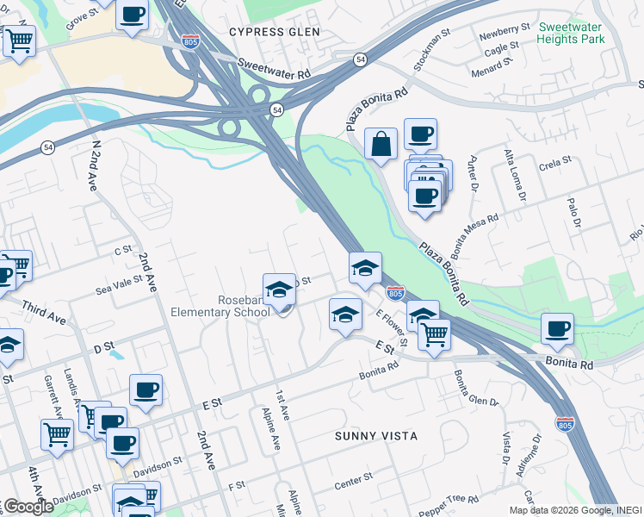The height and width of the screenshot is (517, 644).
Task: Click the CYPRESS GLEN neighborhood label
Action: [274, 32]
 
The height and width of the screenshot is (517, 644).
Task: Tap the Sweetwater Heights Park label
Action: [571, 33]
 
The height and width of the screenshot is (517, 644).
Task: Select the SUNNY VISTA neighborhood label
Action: [369, 436]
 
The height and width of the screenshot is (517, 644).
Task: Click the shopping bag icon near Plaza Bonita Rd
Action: [381, 145]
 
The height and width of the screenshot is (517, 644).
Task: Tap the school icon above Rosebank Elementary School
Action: [279, 290]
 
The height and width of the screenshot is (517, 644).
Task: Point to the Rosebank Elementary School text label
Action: [220, 306]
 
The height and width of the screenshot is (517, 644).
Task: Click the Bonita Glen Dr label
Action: [476, 389]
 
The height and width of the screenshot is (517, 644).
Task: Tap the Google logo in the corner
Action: [28, 507]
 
